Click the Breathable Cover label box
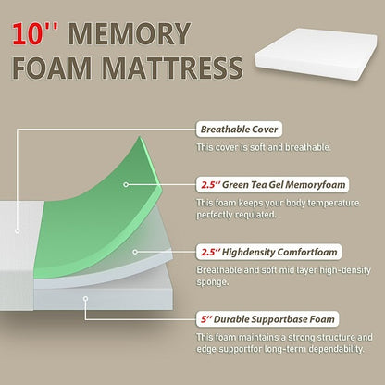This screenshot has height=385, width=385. [238, 130]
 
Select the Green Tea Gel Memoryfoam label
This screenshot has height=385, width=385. [262, 185]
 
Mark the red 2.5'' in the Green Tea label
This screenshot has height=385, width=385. [210, 185]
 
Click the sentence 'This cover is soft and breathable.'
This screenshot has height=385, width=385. [259, 147]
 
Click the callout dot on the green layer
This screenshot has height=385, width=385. [127, 184]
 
